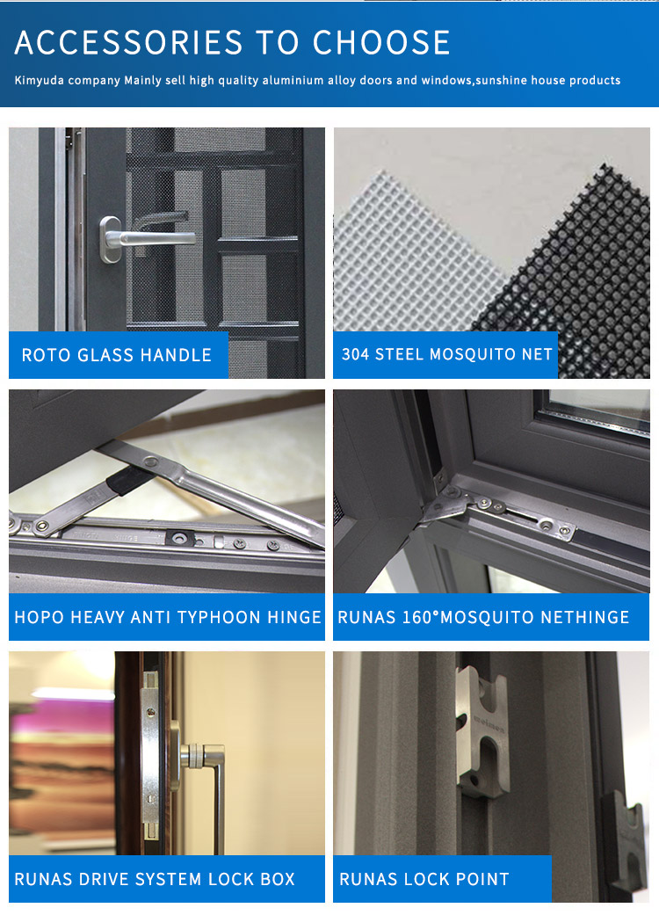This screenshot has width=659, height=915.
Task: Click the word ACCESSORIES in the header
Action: (x=128, y=42)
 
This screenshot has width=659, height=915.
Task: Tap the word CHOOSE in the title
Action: (x=381, y=42)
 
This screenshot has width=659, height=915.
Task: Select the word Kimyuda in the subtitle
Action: (x=39, y=81)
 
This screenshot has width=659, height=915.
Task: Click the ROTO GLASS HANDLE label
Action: (x=117, y=355)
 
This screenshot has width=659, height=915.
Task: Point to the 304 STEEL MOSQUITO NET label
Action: (x=446, y=354)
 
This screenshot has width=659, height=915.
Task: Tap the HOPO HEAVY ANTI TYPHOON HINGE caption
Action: (x=168, y=617)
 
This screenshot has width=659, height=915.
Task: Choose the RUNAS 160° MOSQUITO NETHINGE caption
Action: (x=483, y=617)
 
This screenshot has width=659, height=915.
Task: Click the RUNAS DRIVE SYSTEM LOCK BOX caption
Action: (x=155, y=879)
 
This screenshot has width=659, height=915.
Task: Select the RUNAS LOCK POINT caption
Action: (x=424, y=879)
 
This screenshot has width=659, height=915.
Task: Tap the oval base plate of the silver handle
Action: (x=109, y=239)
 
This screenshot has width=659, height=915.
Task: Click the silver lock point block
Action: (x=482, y=732)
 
